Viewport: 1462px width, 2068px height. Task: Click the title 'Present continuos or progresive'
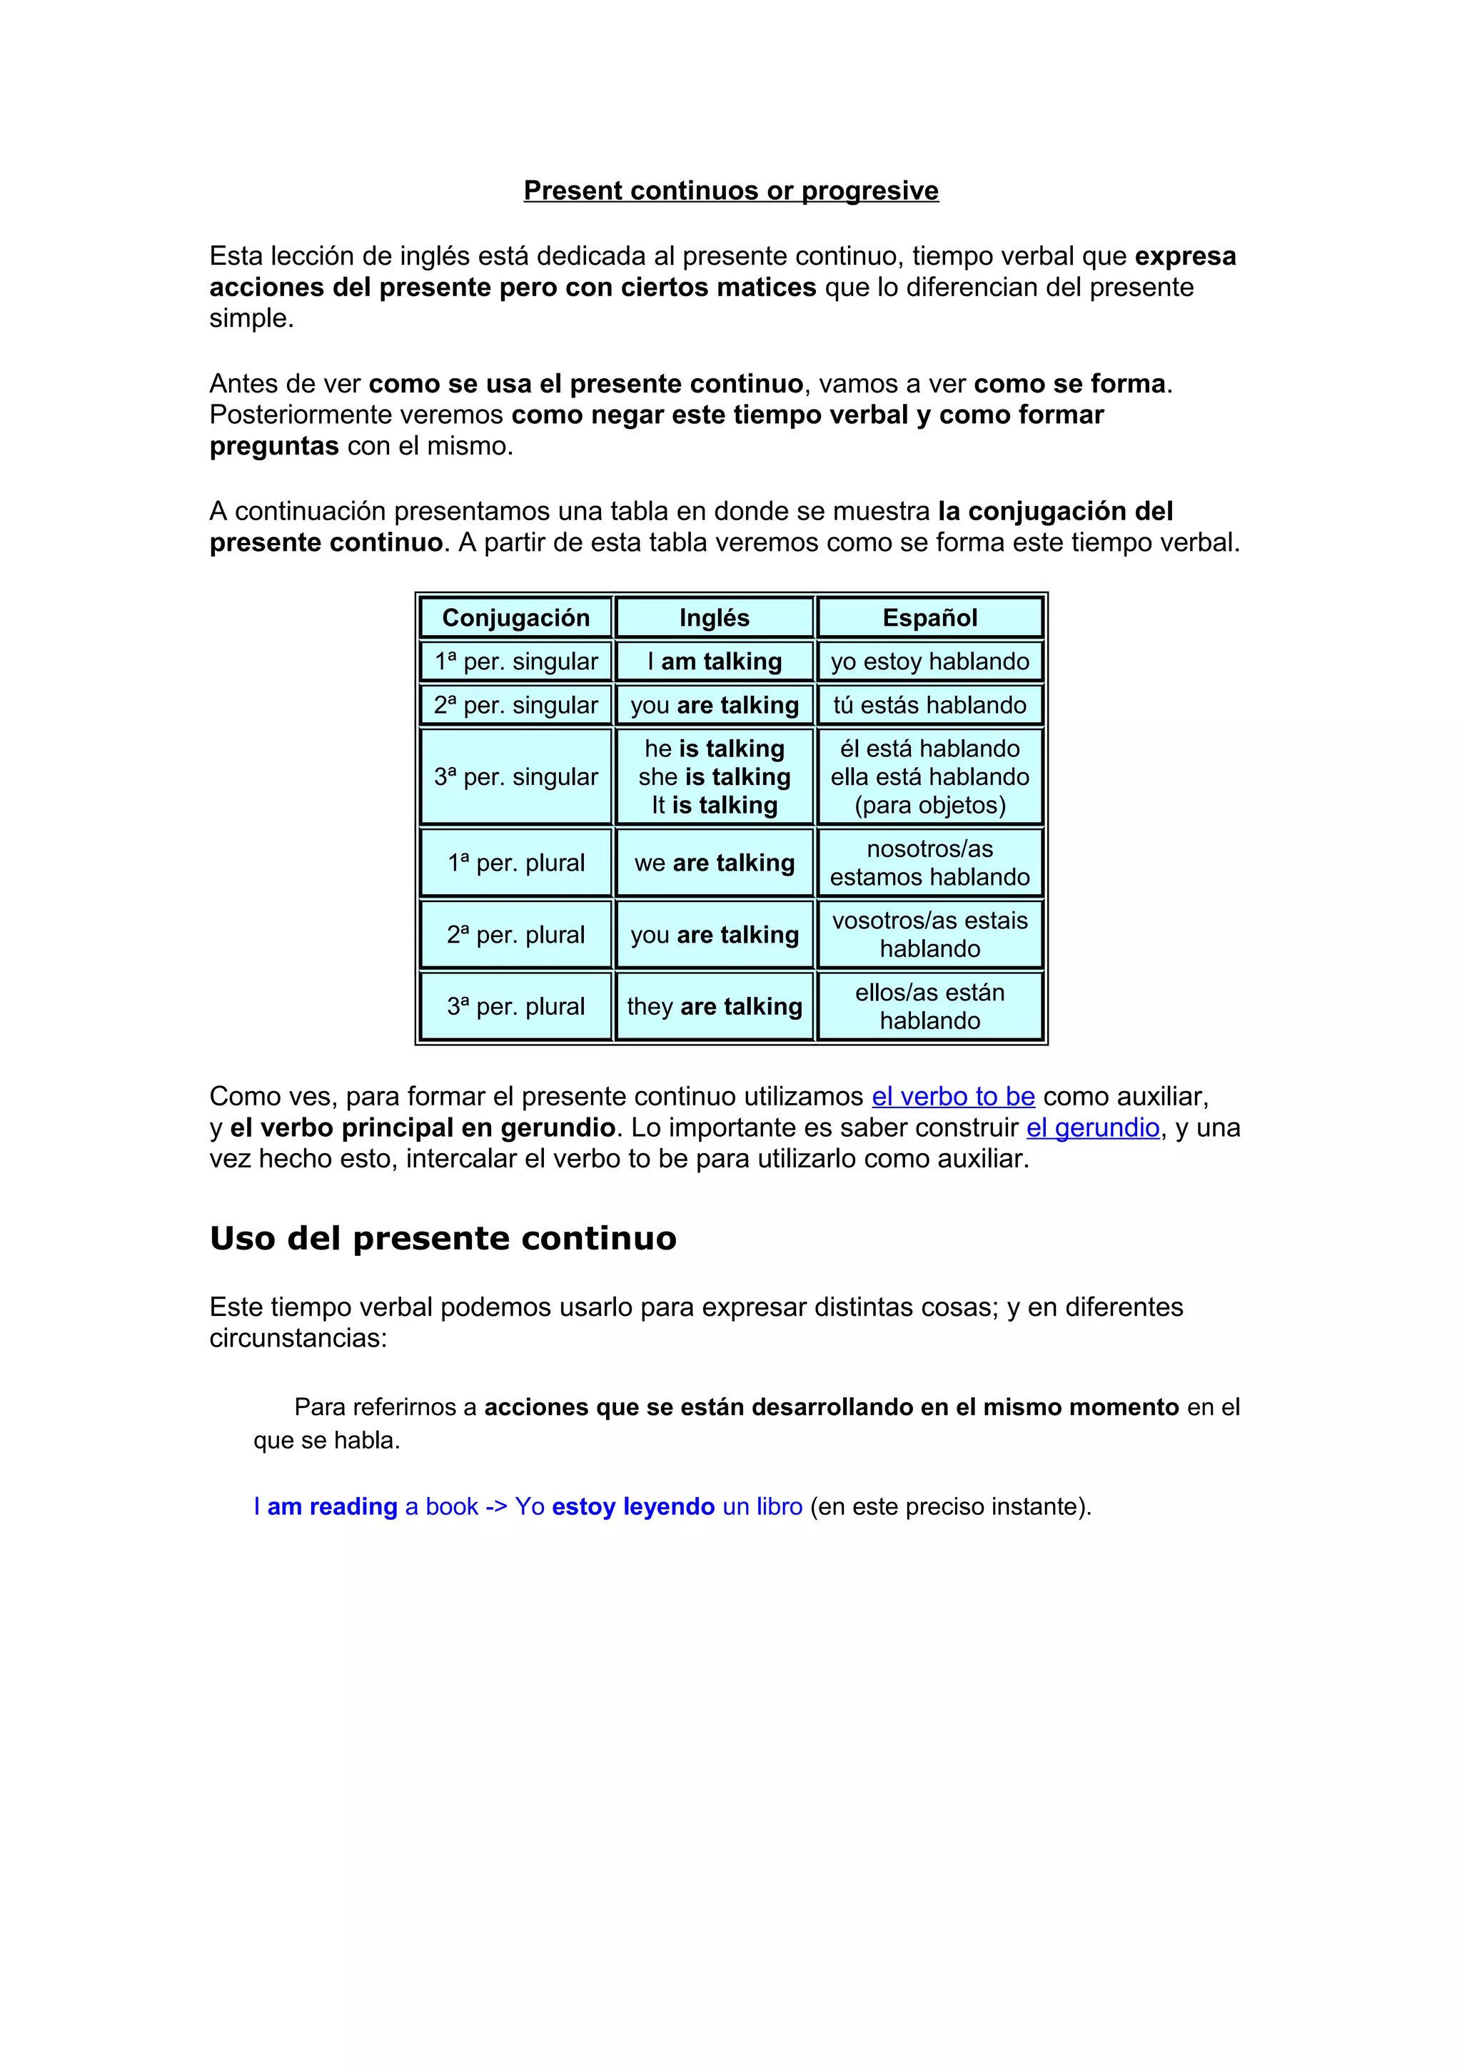(x=730, y=191)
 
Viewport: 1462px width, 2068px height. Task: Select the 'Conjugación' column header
(x=515, y=618)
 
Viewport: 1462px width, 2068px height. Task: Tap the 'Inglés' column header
(x=715, y=618)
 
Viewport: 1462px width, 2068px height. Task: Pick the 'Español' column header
(x=929, y=618)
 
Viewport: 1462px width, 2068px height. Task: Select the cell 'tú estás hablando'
(x=929, y=705)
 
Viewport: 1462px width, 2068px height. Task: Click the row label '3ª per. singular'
(x=515, y=776)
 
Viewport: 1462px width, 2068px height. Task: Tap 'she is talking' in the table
(x=715, y=776)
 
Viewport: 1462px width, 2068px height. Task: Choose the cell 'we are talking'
(x=715, y=863)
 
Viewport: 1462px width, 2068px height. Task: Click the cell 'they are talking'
(x=715, y=1006)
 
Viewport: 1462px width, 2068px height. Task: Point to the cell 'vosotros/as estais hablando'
(x=929, y=934)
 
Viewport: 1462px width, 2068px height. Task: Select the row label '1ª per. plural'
(x=515, y=863)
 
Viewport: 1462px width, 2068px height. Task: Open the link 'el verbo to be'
(x=953, y=1096)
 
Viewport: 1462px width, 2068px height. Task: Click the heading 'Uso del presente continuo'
(x=443, y=1239)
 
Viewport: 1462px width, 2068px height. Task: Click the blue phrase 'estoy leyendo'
(x=633, y=1507)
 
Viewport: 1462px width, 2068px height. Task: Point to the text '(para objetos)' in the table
(x=929, y=805)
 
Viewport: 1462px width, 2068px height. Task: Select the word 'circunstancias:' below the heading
(x=298, y=1339)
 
